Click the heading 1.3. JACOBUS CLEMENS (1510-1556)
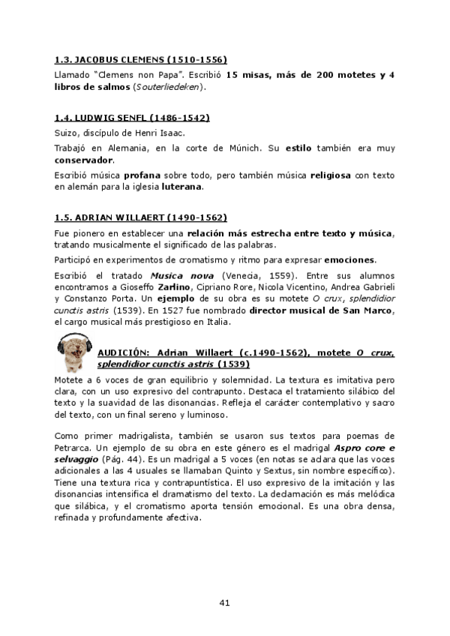coord(141,59)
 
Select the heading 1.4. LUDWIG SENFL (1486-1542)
coord(132,118)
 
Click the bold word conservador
coord(85,160)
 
